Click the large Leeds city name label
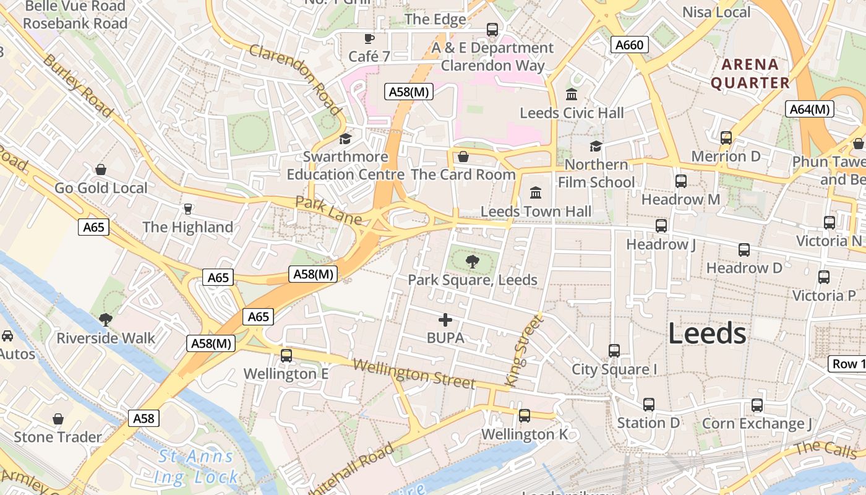click(707, 334)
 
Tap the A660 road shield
click(630, 45)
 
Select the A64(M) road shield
click(810, 110)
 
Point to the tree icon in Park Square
click(473, 262)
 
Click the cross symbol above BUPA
click(445, 320)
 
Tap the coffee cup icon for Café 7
click(369, 38)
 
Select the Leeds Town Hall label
click(536, 211)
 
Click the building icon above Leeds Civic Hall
click(572, 95)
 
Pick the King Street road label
click(524, 351)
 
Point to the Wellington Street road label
click(414, 374)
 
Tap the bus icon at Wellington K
click(525, 416)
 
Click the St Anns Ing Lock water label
click(197, 467)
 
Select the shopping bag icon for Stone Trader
click(58, 419)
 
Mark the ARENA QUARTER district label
click(750, 74)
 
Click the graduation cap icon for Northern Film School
click(596, 146)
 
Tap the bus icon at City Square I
click(614, 351)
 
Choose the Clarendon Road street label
click(296, 79)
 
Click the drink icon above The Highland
click(188, 209)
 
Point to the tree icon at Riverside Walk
click(106, 319)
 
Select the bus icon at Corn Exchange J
click(757, 405)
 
